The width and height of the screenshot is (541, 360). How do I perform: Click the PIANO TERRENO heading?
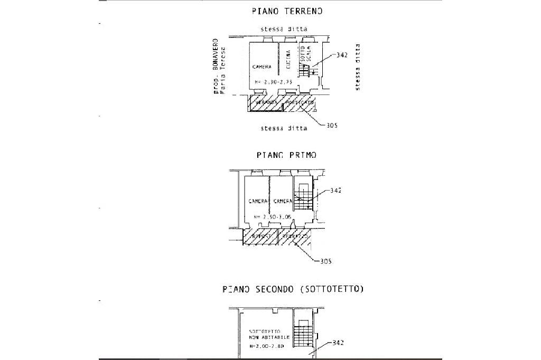tap(287, 11)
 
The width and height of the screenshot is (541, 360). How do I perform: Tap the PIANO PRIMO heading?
tap(286, 155)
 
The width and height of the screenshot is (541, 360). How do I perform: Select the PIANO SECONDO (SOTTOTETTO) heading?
tap(293, 289)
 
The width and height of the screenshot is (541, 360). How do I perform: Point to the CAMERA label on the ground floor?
tap(262, 67)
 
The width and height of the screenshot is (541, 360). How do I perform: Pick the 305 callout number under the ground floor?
tap(331, 126)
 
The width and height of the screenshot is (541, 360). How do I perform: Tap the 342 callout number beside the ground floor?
tap(341, 55)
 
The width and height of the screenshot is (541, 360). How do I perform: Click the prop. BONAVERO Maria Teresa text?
tap(219, 65)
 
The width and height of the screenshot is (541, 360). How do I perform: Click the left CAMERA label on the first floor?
tap(258, 202)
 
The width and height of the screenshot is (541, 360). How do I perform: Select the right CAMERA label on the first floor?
tap(283, 202)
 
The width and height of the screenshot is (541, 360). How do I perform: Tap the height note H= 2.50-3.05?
tap(273, 217)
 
